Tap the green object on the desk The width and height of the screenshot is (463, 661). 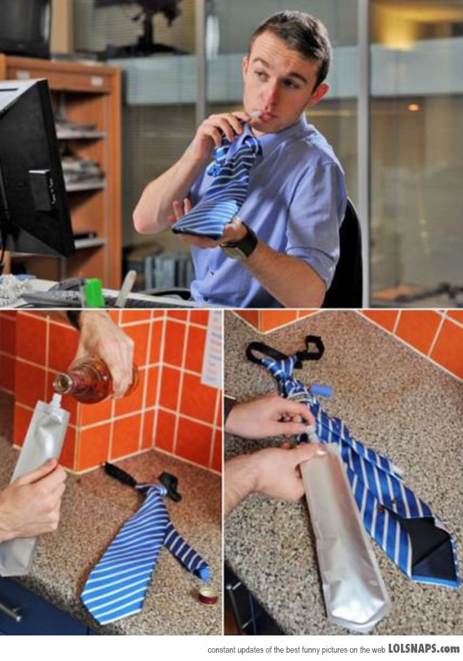click(x=94, y=293)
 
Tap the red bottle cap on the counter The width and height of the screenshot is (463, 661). click(x=208, y=596)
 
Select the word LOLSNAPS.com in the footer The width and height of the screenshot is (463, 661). click(x=423, y=648)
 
